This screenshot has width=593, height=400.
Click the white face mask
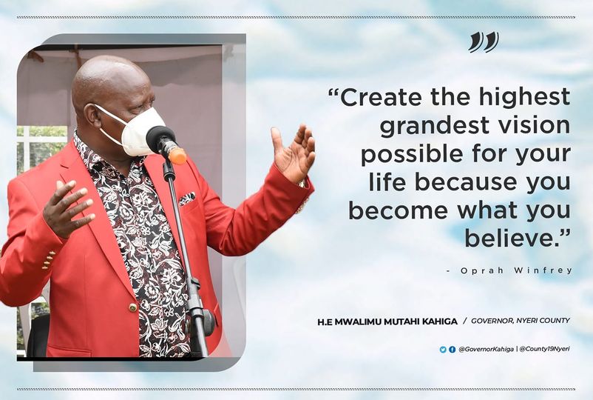pos(139,130)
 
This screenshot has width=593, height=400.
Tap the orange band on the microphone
pos(177,156)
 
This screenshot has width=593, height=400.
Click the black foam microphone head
pos(160,139)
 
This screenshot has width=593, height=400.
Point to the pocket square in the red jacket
pos(187,199)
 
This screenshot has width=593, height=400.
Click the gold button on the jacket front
pos(133,307)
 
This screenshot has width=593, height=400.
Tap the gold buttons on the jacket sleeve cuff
pos(48,260)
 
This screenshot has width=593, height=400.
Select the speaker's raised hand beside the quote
pos(294,153)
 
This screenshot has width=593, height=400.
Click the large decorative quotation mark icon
pos(484,41)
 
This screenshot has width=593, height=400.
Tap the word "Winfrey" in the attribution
pos(543,271)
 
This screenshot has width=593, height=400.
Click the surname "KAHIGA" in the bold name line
pos(441,321)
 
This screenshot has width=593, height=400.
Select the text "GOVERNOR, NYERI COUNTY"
pos(521,321)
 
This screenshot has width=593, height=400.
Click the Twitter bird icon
pos(443,350)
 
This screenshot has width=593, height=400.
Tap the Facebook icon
pos(452,350)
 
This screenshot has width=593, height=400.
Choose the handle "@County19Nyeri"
pos(545,349)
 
